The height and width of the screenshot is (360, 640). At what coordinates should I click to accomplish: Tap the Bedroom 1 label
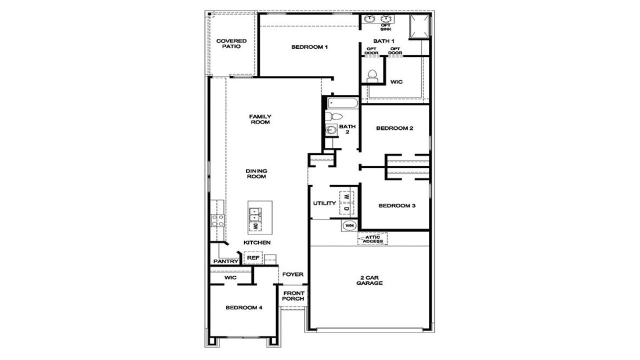(x=309, y=47)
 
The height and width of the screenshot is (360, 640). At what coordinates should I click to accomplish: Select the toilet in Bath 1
(x=371, y=75)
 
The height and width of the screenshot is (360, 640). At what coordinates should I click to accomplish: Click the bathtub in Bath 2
(x=342, y=104)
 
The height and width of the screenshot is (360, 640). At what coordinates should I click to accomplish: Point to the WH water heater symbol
(x=349, y=225)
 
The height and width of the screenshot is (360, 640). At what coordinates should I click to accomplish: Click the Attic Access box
(x=372, y=239)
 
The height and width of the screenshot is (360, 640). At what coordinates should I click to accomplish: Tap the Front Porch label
(x=293, y=296)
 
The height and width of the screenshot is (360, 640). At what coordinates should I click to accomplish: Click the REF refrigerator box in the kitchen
(x=253, y=258)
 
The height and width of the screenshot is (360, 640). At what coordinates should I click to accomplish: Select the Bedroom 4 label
(x=243, y=308)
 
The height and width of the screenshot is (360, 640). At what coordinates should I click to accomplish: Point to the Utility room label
(x=324, y=203)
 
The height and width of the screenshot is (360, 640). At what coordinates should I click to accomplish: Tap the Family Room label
(x=260, y=119)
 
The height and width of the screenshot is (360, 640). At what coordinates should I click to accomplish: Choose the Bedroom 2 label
(x=394, y=128)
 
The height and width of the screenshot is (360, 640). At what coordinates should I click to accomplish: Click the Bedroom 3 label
(x=397, y=205)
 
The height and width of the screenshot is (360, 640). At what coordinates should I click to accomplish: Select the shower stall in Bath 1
(x=419, y=27)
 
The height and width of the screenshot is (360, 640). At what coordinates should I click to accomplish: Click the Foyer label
(x=293, y=274)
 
